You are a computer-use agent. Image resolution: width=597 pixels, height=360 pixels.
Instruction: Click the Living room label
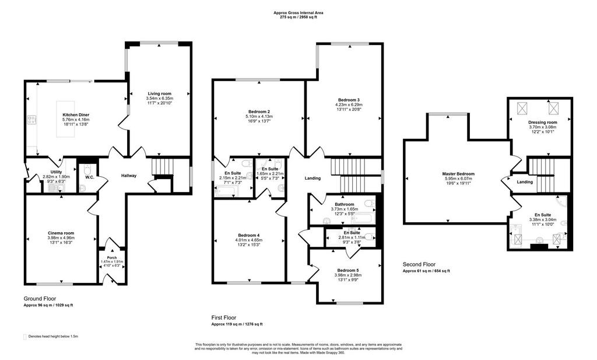click(x=160, y=93)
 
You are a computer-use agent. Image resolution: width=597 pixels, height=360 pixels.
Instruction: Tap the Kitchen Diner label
click(x=76, y=115)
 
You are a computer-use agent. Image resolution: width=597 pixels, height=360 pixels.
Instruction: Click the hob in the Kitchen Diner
click(x=31, y=120)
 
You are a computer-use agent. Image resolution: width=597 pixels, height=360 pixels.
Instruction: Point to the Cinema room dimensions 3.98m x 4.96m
click(x=61, y=237)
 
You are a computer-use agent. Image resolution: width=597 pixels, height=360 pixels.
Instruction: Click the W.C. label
click(x=89, y=177)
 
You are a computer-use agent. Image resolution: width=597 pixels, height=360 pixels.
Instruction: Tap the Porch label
click(x=112, y=258)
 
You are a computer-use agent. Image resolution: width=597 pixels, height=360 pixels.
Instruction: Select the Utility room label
click(x=57, y=172)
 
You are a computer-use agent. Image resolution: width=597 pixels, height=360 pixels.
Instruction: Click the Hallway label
click(x=129, y=176)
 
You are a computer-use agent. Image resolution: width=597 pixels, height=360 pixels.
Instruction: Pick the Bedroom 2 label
click(x=259, y=111)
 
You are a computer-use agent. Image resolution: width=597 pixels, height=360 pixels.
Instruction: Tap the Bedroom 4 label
click(x=248, y=235)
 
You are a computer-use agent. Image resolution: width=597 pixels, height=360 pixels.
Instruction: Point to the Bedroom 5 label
click(x=347, y=270)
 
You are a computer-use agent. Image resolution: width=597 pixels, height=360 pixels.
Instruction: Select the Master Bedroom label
click(x=458, y=174)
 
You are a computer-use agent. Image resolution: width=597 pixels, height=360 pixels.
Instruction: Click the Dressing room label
click(x=543, y=123)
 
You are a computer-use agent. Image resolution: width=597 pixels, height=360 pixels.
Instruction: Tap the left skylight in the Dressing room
click(x=522, y=108)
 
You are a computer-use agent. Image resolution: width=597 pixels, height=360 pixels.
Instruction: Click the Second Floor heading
click(x=419, y=264)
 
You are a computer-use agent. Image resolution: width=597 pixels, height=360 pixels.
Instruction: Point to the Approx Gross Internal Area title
click(x=298, y=13)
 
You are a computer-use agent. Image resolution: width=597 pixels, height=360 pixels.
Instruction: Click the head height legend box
click(x=25, y=337)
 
